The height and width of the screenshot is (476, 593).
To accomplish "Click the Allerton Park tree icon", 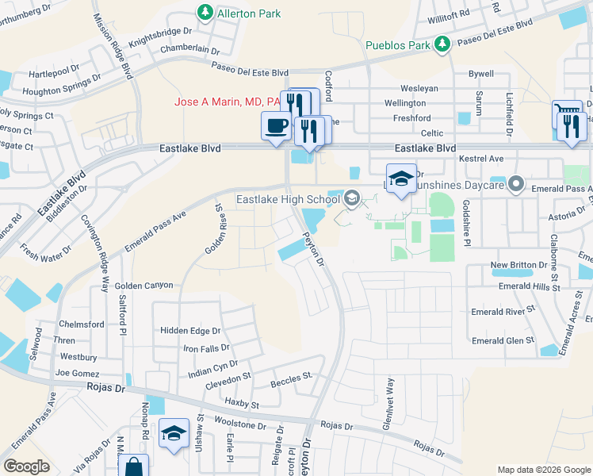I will pos(205,12).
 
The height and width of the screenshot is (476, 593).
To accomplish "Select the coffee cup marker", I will pos(276,126).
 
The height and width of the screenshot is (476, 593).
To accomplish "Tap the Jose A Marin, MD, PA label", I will pos(228,102).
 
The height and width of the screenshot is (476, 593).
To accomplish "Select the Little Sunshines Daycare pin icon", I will pos(516,184).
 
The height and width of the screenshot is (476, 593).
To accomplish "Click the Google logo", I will pos(26,466).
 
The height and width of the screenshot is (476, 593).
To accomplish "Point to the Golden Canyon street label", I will pos(143,285).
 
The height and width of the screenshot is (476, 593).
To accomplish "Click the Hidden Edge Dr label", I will pos(189,330).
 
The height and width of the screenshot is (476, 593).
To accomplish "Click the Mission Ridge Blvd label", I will pos(112,45).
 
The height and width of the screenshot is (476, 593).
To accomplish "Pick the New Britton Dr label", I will pos(520,264).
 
